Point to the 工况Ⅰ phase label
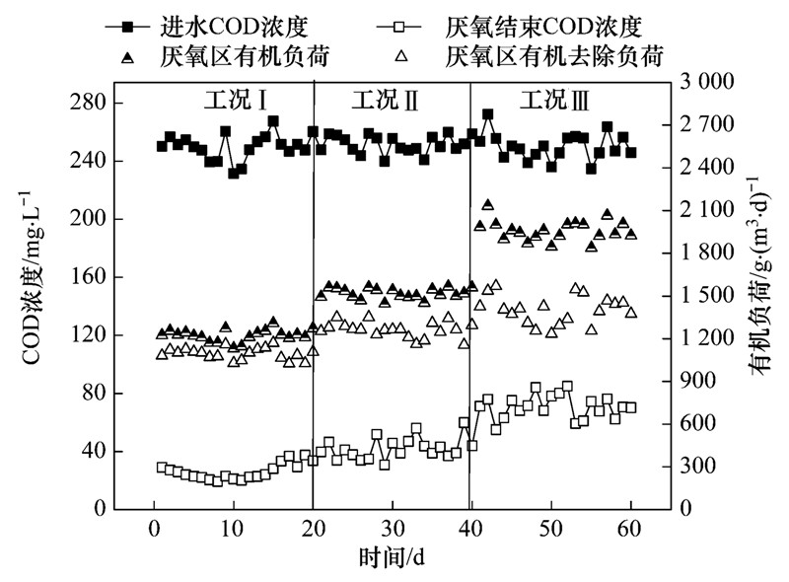tap(238, 100)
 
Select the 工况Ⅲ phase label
tap(556, 100)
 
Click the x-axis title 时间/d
tap(392, 558)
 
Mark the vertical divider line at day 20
tap(314, 296)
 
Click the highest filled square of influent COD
tap(488, 115)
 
